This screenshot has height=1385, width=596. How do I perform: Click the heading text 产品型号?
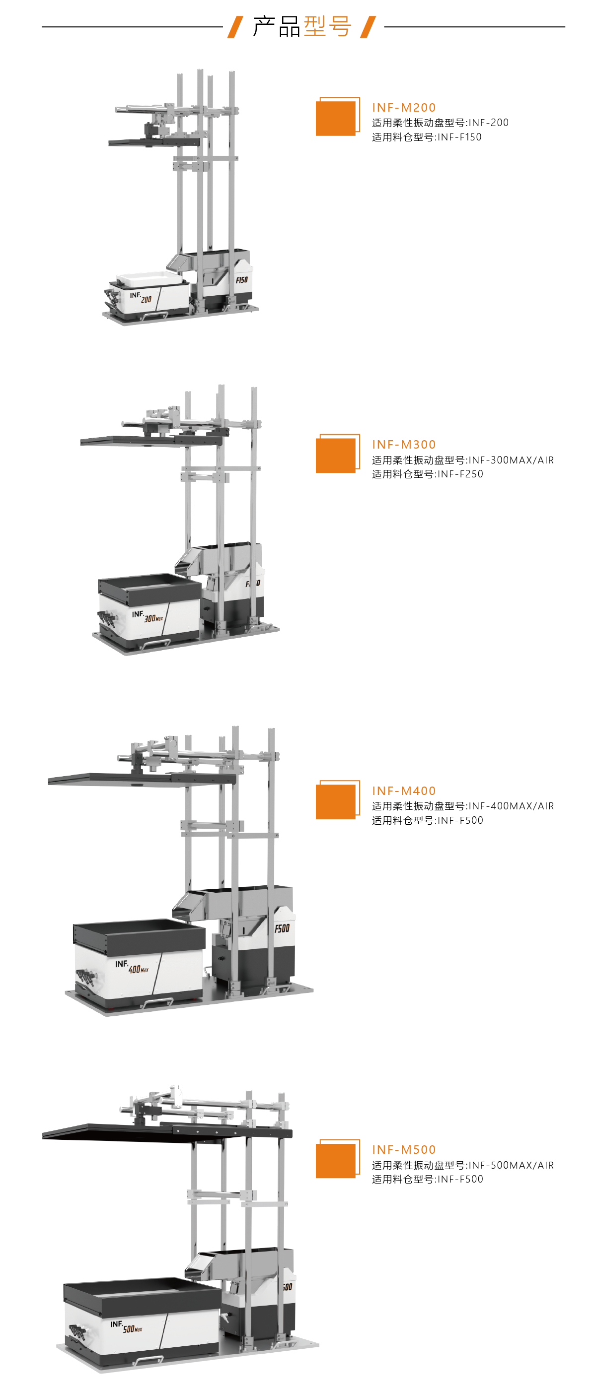tap(302, 26)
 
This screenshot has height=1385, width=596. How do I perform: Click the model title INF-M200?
tap(404, 108)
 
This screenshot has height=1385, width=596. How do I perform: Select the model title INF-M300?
tap(404, 445)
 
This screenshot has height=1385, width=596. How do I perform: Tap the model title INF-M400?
tap(404, 791)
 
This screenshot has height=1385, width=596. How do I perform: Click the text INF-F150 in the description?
tap(460, 137)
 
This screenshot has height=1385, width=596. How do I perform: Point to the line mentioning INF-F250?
tap(428, 474)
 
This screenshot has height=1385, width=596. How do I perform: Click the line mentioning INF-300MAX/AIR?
tap(462, 460)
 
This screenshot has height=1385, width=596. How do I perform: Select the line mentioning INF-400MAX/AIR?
tap(462, 806)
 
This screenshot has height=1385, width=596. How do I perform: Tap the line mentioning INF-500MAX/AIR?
tap(462, 1165)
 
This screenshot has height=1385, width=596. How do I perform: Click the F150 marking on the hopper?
tap(241, 279)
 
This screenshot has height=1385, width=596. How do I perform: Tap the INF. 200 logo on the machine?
tap(141, 297)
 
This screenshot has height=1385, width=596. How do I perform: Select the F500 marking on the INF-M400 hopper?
tap(282, 928)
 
